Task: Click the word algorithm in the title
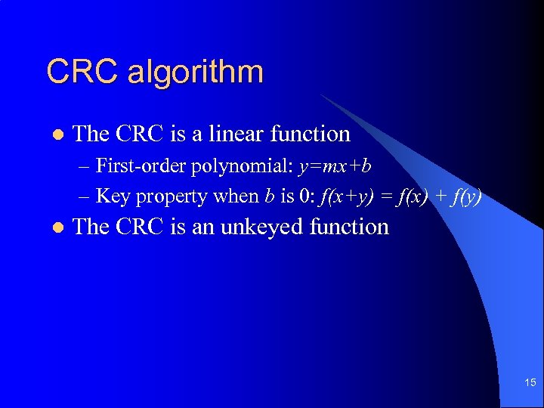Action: pos(196,73)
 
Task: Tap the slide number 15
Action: pos(530,384)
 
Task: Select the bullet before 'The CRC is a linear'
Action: pos(55,134)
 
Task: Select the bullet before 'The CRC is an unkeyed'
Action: pos(55,227)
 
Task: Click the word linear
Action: pos(235,134)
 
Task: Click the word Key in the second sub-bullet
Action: pos(113,196)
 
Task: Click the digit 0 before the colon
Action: pos(303,196)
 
